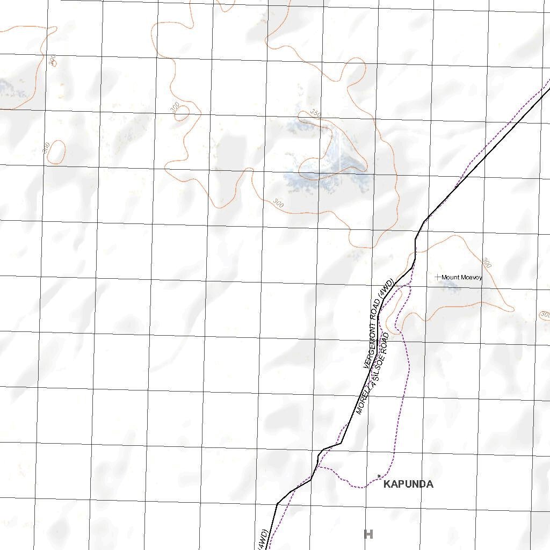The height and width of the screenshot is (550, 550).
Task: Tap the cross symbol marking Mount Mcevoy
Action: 438,277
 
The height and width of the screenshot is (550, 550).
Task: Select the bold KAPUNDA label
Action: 409,484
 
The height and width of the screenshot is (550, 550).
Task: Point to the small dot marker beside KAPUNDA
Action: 379,476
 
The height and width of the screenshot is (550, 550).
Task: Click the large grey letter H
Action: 368,534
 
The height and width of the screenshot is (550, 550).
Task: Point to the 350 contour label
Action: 315,114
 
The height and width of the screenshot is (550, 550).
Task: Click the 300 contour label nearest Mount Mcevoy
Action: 487,263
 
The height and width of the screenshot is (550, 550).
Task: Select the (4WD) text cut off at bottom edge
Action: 263,539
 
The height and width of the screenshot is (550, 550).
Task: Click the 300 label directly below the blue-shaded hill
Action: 278,203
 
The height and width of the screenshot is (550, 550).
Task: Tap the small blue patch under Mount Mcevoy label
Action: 451,286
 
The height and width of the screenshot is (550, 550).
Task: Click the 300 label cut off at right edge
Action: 545,314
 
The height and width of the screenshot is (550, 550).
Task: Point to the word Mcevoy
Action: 472,278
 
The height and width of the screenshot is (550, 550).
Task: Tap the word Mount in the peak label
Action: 451,278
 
